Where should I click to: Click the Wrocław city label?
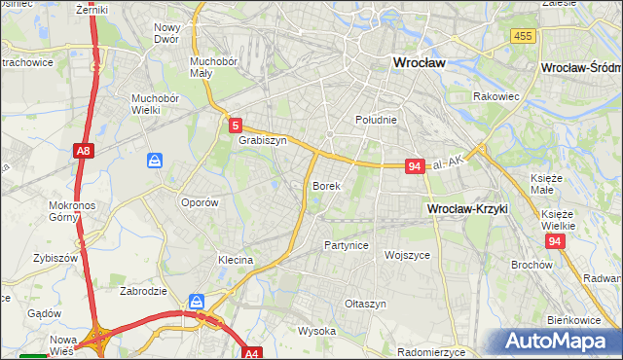(418, 62)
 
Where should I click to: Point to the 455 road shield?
(523, 35)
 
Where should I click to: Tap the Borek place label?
(325, 185)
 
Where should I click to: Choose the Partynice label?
(346, 245)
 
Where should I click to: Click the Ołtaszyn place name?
(366, 304)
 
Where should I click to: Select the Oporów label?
(199, 202)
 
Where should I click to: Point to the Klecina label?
(236, 260)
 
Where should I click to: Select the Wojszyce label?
(407, 255)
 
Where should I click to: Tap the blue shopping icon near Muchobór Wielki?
(154, 161)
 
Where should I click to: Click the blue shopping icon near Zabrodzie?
(197, 302)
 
